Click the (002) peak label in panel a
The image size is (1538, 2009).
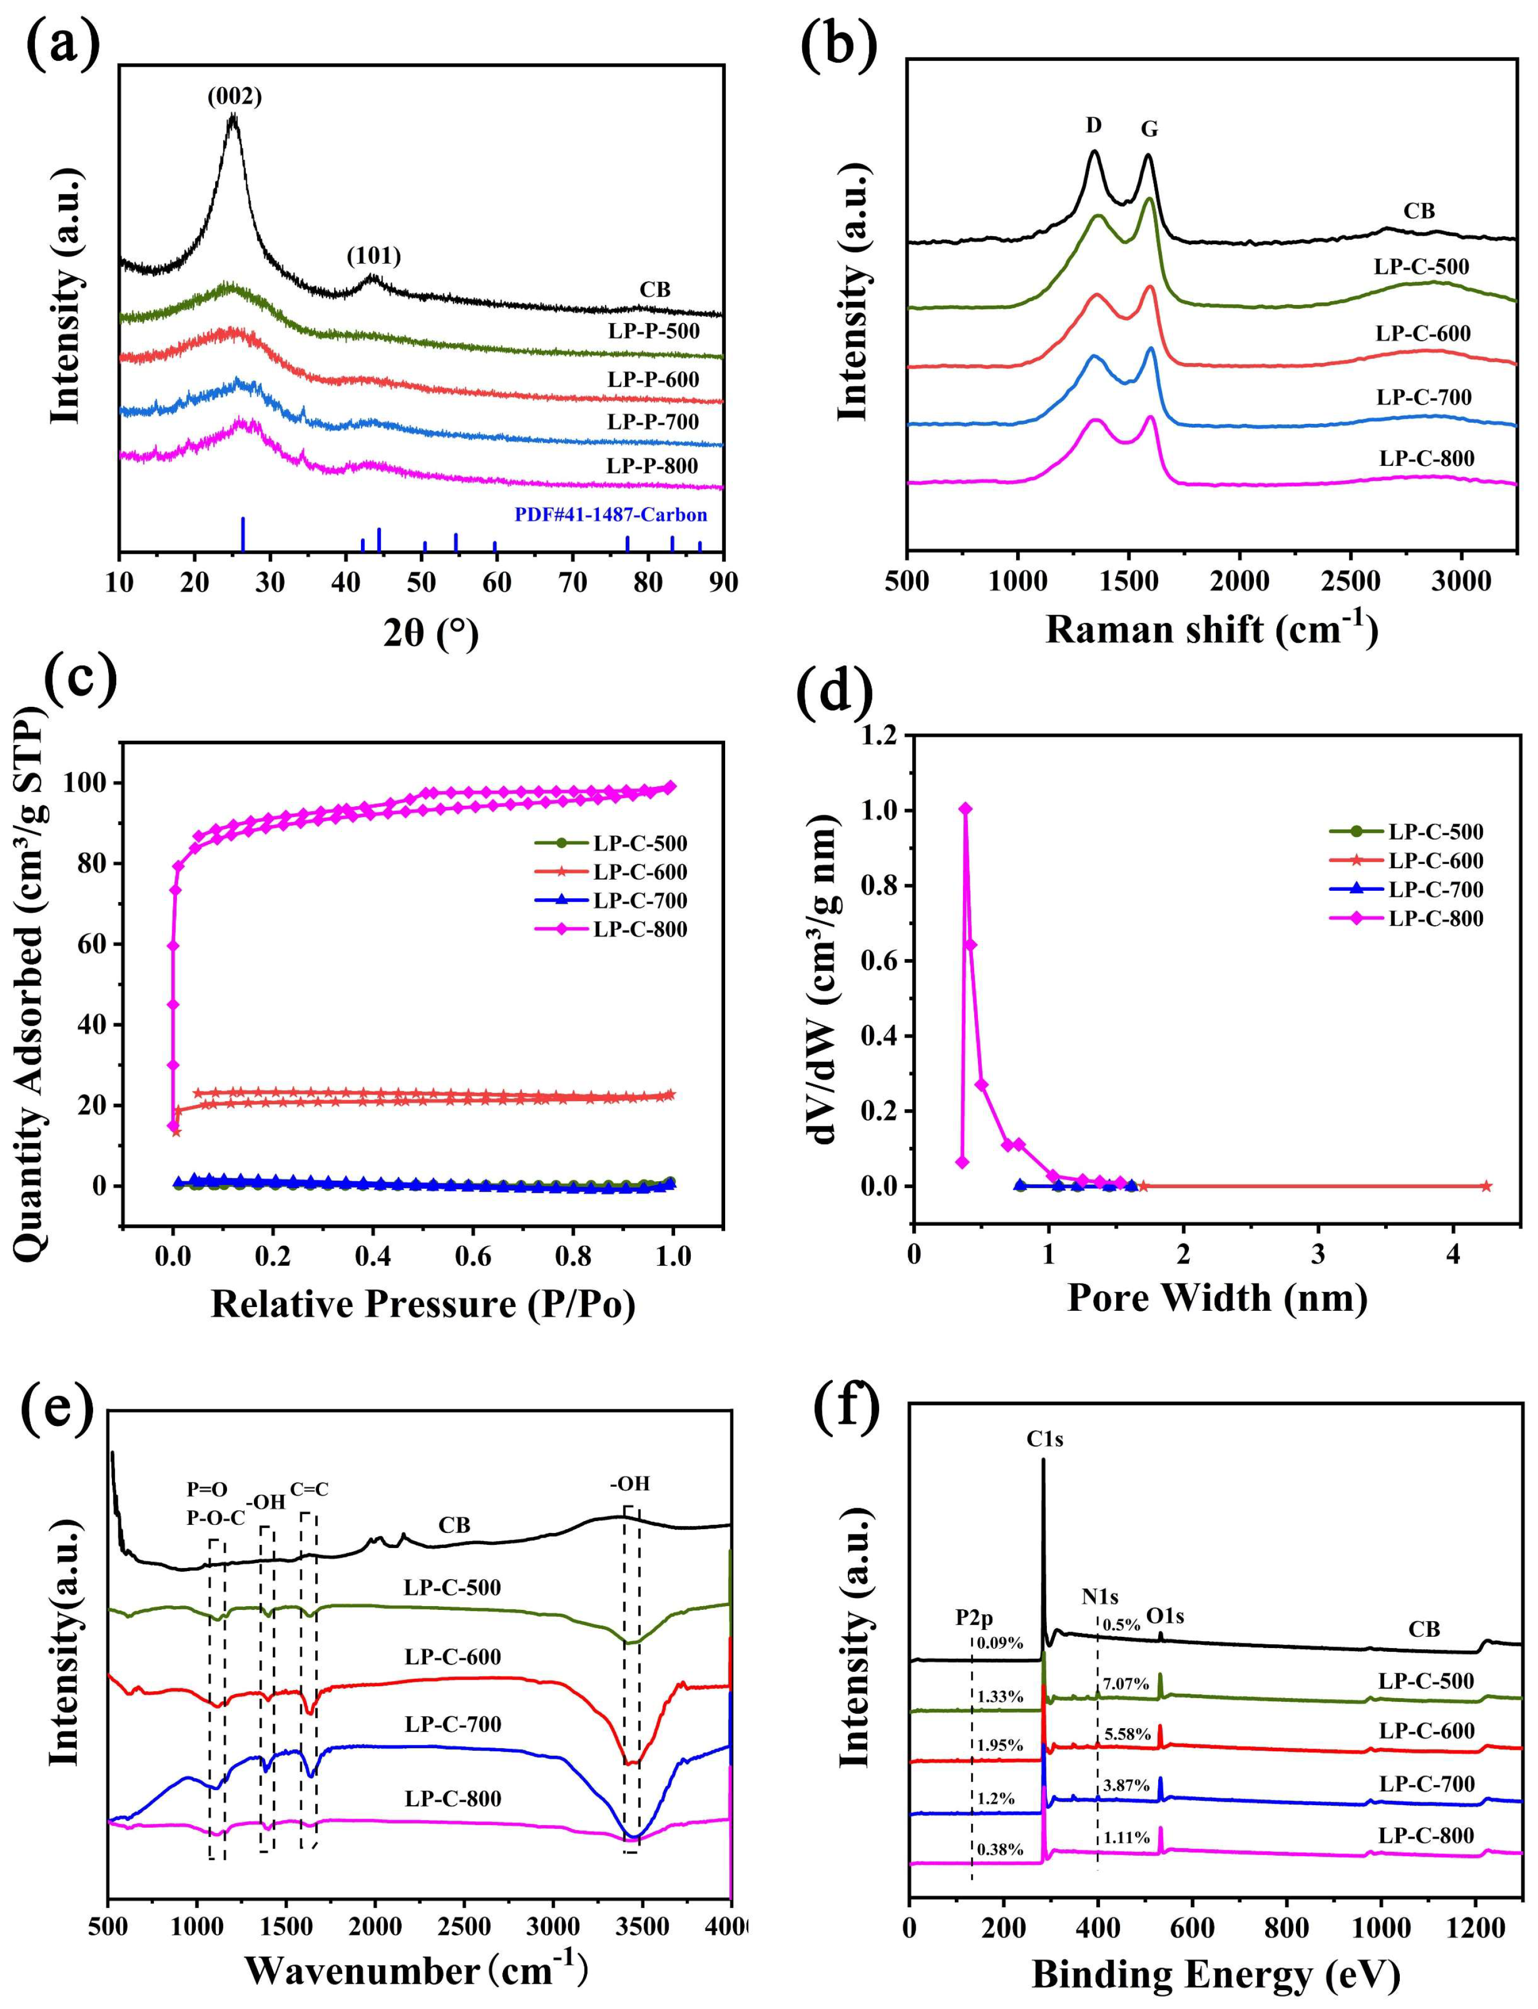pos(233,96)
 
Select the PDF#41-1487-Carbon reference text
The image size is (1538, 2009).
pos(611,515)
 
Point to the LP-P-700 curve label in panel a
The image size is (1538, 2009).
pos(653,422)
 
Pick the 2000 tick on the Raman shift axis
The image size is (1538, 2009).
pos(1239,582)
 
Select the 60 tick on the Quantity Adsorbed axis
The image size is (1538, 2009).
pos(97,945)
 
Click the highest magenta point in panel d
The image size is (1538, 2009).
pos(965,808)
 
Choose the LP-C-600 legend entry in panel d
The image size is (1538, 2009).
pos(1435,861)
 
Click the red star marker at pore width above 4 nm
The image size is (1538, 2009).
pos(1486,1186)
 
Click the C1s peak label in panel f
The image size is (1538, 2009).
pos(1045,1440)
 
